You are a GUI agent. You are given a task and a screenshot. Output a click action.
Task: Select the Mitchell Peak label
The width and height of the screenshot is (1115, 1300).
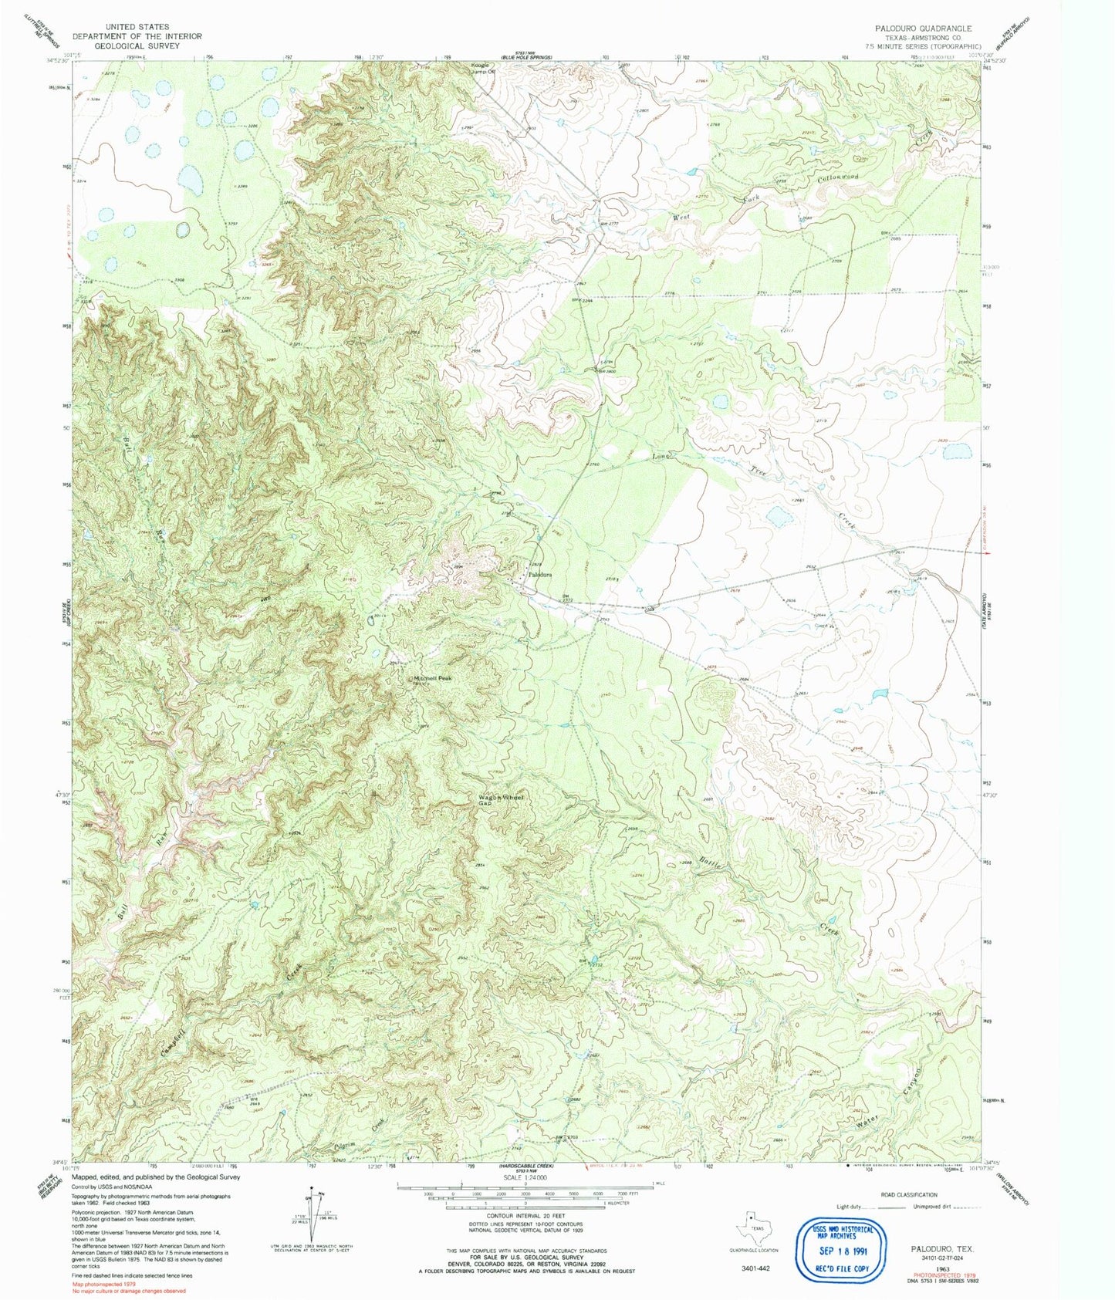click(432, 678)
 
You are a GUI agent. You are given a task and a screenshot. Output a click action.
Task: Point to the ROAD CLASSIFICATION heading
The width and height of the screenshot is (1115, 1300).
click(907, 1194)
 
